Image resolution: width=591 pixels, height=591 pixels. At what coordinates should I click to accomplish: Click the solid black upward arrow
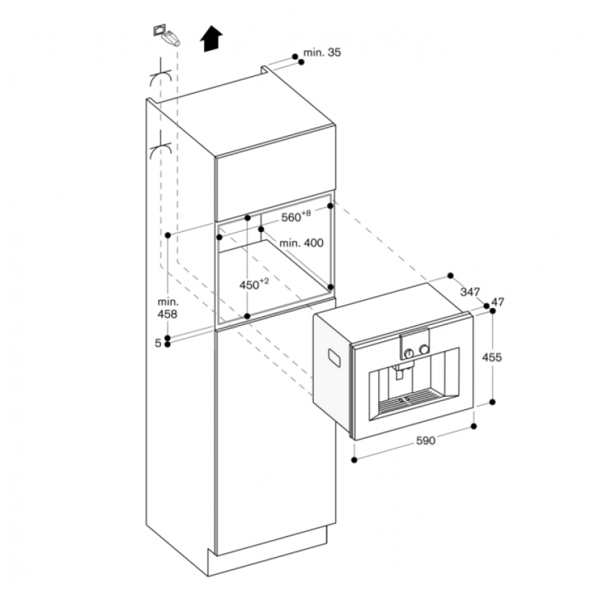pos(213,38)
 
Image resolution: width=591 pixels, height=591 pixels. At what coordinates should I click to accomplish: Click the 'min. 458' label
pos(168,308)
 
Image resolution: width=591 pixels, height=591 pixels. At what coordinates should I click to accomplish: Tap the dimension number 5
pos(158,343)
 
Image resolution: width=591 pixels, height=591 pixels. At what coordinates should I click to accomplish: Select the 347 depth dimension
pos(470,292)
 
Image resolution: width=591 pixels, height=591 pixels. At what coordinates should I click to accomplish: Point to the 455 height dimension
pos(491,358)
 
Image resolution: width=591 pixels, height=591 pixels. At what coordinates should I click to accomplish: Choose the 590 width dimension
pos(426,441)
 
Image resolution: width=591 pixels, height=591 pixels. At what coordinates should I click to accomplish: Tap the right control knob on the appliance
pos(423,349)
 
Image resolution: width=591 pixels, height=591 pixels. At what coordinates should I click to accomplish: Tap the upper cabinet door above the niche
pos(274,174)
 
